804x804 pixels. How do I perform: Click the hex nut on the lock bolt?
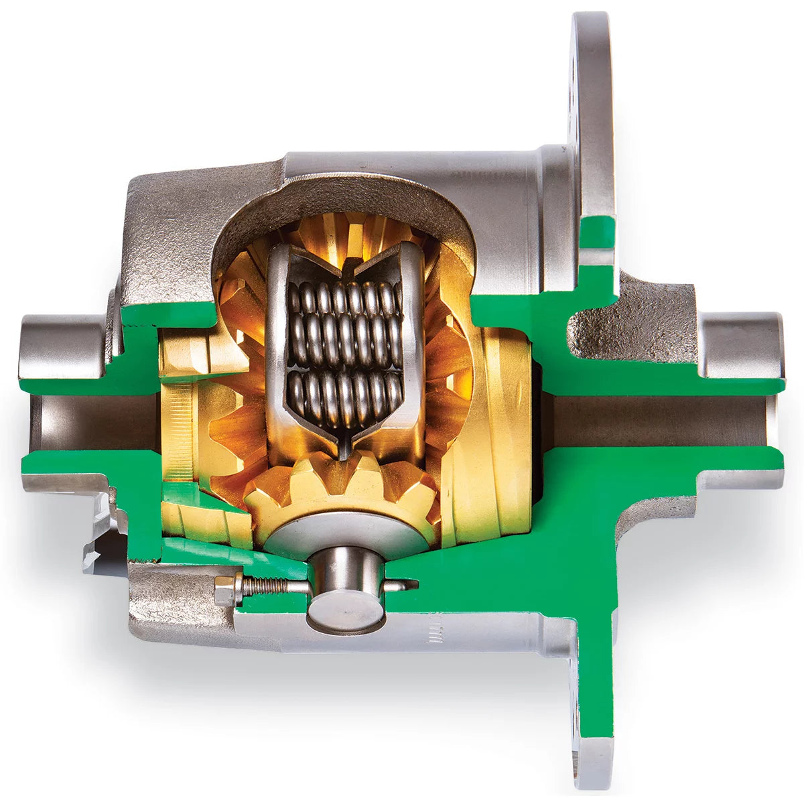coord(225,590)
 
